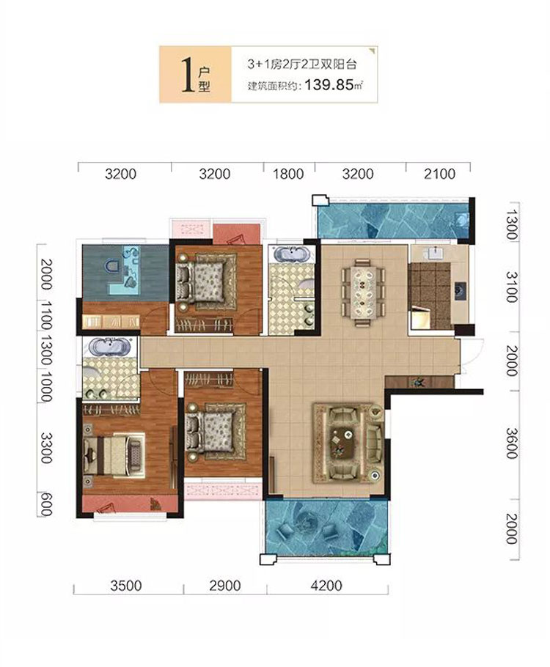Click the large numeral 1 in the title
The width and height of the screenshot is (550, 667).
186,75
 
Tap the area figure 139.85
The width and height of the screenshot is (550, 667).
329,85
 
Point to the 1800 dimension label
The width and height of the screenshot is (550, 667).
288,174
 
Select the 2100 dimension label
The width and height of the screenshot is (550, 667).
439,174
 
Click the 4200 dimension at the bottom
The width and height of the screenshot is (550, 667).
326,586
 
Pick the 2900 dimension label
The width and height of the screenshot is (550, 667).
225,586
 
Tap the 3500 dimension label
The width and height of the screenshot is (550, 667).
125,586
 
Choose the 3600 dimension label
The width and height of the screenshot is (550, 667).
512,443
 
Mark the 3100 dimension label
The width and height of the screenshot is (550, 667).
512,287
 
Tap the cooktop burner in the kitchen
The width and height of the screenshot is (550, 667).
460,291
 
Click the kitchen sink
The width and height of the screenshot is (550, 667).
434,253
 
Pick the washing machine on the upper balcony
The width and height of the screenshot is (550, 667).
461,221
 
